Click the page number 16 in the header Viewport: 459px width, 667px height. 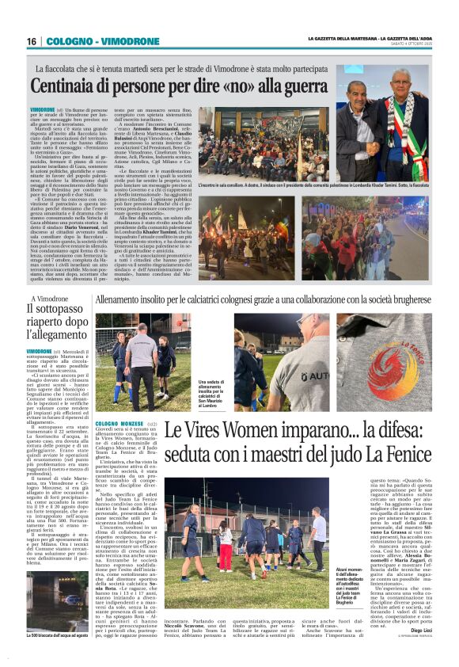pos(32,41)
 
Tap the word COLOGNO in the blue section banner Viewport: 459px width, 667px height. pos(68,41)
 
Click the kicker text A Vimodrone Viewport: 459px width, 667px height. pos(49,299)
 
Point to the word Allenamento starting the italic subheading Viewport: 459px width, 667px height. pos(120,300)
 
